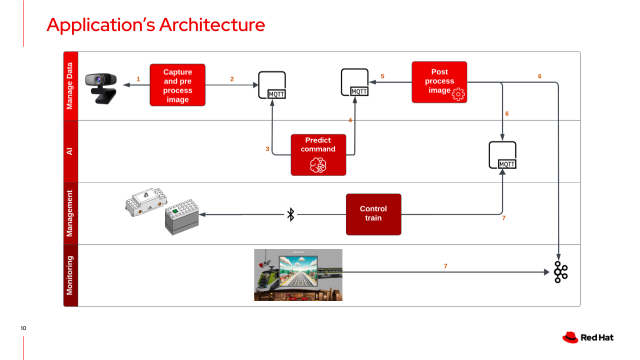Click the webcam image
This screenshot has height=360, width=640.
click(x=101, y=88)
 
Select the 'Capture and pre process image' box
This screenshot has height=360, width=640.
click(x=177, y=85)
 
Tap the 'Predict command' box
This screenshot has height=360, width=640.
click(x=318, y=154)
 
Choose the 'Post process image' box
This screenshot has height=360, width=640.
click(x=439, y=82)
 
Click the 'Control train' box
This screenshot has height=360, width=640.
click(x=373, y=214)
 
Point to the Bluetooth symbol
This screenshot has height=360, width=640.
click(x=290, y=214)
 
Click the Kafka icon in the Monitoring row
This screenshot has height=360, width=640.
click(x=560, y=272)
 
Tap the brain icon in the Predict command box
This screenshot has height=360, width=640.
click(x=318, y=164)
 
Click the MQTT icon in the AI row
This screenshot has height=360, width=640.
click(x=502, y=155)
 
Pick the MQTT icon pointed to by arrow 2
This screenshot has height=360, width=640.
click(x=272, y=85)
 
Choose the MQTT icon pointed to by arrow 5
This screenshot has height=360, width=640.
click(x=355, y=82)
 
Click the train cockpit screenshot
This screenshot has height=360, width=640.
click(x=298, y=274)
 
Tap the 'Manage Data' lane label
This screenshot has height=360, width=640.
click(x=70, y=85)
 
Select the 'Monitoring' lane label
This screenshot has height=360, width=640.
click(x=70, y=275)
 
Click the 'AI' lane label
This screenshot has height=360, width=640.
click(x=70, y=151)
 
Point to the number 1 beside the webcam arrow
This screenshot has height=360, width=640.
click(x=138, y=79)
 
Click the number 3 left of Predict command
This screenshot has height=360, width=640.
click(x=267, y=149)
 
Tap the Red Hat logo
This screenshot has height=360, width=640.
click(x=570, y=337)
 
